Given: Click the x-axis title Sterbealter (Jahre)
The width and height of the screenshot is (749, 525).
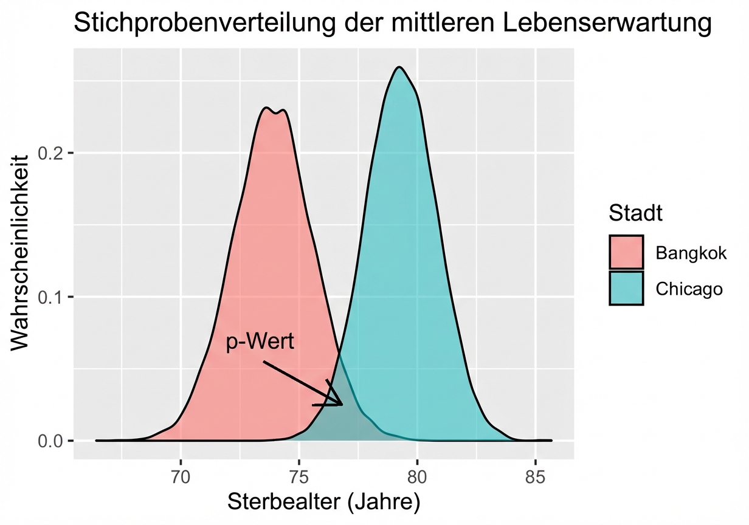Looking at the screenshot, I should click(x=323, y=502).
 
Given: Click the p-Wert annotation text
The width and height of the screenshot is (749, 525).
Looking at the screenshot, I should click(x=260, y=342).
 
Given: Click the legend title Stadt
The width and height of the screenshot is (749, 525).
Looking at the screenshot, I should click(x=635, y=213).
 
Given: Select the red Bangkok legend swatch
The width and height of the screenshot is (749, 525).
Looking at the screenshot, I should click(x=626, y=252).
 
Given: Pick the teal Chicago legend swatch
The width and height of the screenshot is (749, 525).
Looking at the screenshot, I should click(x=626, y=288).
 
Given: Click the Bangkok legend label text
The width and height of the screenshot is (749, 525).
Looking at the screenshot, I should click(x=691, y=253).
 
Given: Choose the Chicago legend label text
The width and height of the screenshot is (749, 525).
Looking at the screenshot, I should click(x=689, y=289).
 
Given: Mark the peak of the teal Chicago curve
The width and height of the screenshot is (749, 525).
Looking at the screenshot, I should click(x=399, y=67).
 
